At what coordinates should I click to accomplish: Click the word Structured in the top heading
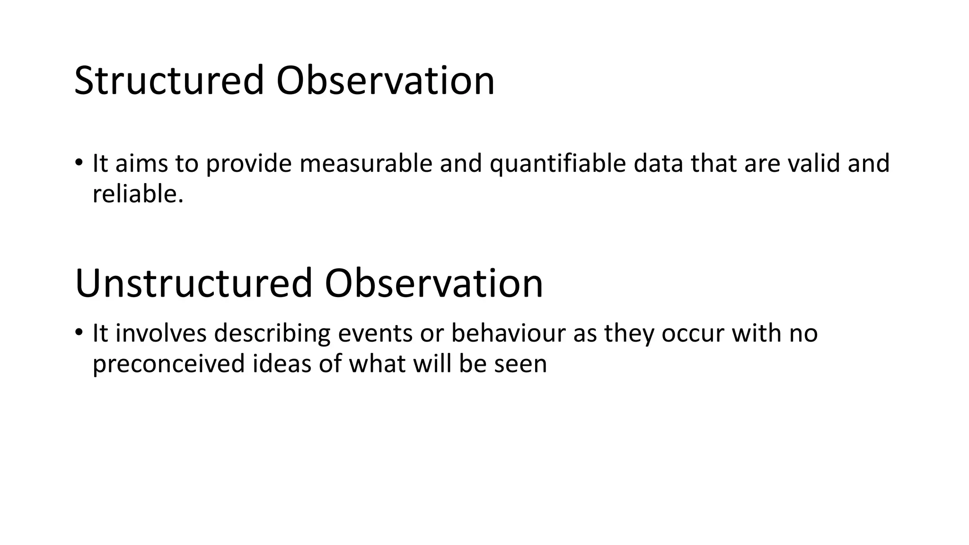pos(168,81)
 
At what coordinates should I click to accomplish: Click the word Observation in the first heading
pos(385,81)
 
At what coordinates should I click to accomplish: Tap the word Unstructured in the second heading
pos(193,283)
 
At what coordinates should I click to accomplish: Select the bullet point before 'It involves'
pos(79,333)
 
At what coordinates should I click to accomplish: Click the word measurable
pos(366,163)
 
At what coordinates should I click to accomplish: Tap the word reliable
pos(138,194)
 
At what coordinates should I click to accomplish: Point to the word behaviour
pos(508,333)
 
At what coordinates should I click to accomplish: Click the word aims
pos(141,163)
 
